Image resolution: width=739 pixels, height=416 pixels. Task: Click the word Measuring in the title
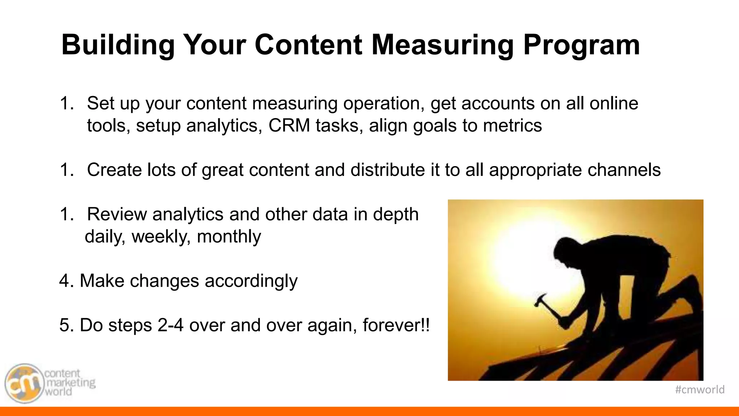click(443, 45)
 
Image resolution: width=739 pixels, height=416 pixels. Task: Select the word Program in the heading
click(581, 45)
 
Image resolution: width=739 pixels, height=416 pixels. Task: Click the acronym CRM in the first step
click(289, 126)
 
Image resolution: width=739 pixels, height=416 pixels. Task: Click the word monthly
click(229, 237)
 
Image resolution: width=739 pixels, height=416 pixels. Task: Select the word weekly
click(161, 237)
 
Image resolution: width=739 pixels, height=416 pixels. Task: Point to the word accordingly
click(251, 281)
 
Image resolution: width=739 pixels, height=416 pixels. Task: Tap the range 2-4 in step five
click(170, 325)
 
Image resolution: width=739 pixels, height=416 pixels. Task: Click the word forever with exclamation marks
click(396, 325)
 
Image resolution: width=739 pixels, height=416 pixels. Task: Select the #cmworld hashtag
click(699, 390)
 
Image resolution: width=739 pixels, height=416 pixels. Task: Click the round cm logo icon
click(24, 383)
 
